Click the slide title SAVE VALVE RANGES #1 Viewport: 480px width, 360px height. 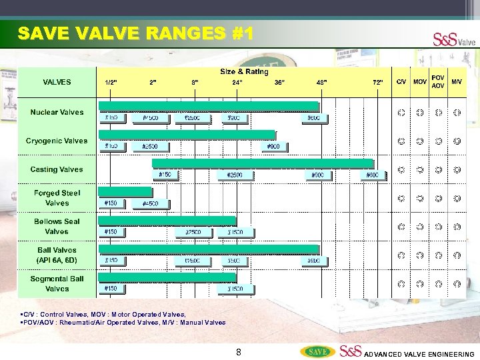(135, 33)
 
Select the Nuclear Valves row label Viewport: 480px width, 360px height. (57, 112)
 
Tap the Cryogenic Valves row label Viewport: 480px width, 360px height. (57, 141)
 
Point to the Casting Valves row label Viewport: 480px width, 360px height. (57, 169)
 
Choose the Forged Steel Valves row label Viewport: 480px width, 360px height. (57, 198)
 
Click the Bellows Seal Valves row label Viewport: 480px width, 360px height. (57, 227)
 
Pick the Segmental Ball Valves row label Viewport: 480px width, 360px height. (57, 284)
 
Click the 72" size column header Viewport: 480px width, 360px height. (378, 82)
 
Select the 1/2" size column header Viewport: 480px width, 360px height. (111, 82)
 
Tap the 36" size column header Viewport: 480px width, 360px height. (279, 82)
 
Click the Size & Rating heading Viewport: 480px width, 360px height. (244, 71)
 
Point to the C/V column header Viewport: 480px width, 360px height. (401, 81)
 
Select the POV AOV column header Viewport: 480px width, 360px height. (438, 81)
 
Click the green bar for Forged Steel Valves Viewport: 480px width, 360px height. (125, 192)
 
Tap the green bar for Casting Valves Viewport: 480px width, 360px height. (263, 163)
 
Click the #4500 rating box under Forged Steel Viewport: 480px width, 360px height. (150, 203)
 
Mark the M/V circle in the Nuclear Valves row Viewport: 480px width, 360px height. (457, 113)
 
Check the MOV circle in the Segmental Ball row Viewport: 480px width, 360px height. (419, 284)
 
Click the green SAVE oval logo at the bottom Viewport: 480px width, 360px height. (317, 351)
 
